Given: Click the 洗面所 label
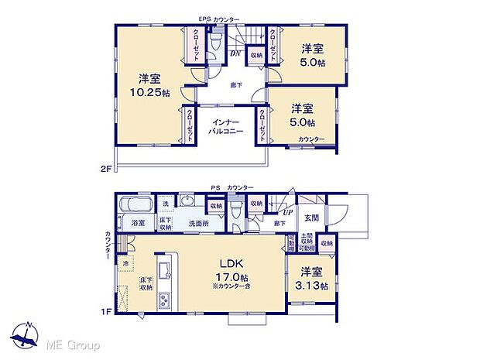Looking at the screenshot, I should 201,224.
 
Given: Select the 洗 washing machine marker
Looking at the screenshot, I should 165,204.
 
